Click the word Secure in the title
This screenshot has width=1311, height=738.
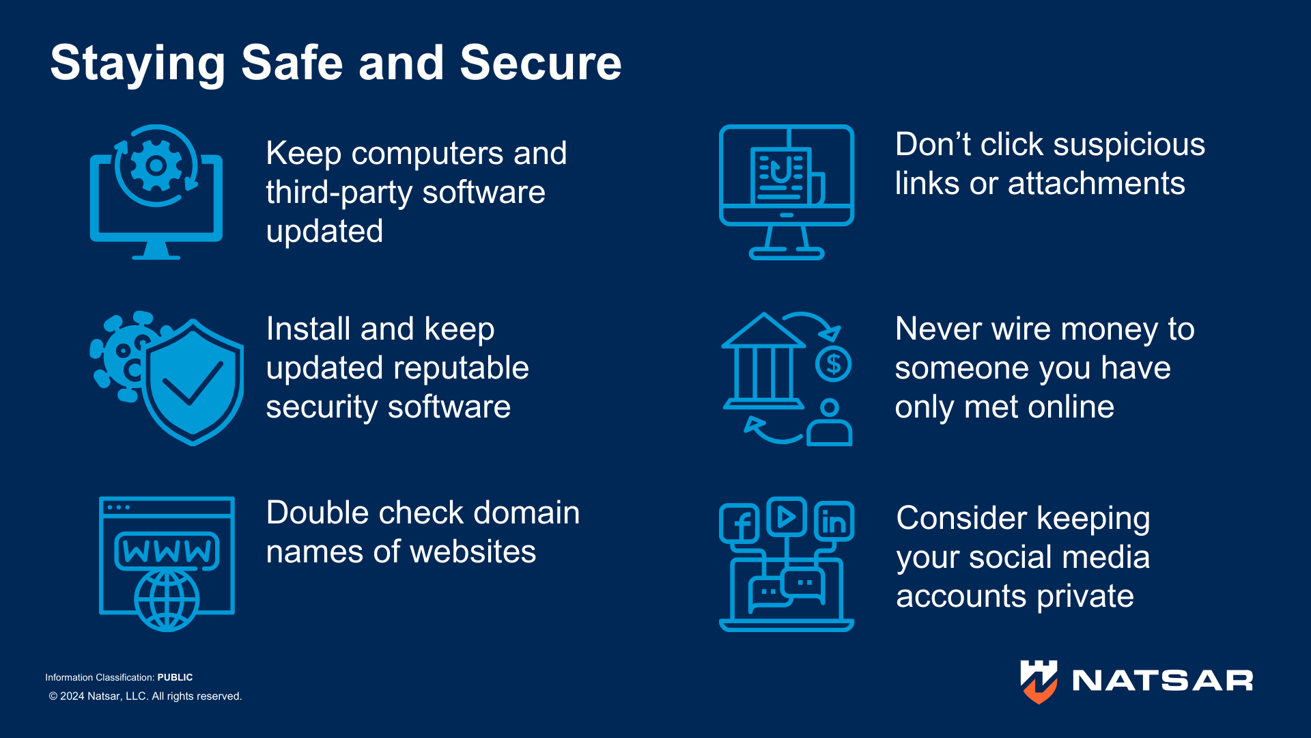540,63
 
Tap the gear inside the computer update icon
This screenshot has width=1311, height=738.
156,165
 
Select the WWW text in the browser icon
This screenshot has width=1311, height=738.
167,551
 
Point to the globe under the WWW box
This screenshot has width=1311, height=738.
167,600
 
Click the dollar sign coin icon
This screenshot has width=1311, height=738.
833,364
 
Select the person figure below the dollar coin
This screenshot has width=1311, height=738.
830,424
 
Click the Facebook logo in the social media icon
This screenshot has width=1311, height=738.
739,524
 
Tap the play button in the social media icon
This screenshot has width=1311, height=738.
787,517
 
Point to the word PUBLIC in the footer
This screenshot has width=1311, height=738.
175,677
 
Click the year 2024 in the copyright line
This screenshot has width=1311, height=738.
72,696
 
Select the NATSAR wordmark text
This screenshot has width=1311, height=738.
1162,681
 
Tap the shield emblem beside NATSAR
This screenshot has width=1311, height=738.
1039,681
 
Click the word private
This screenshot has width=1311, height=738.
1084,597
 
